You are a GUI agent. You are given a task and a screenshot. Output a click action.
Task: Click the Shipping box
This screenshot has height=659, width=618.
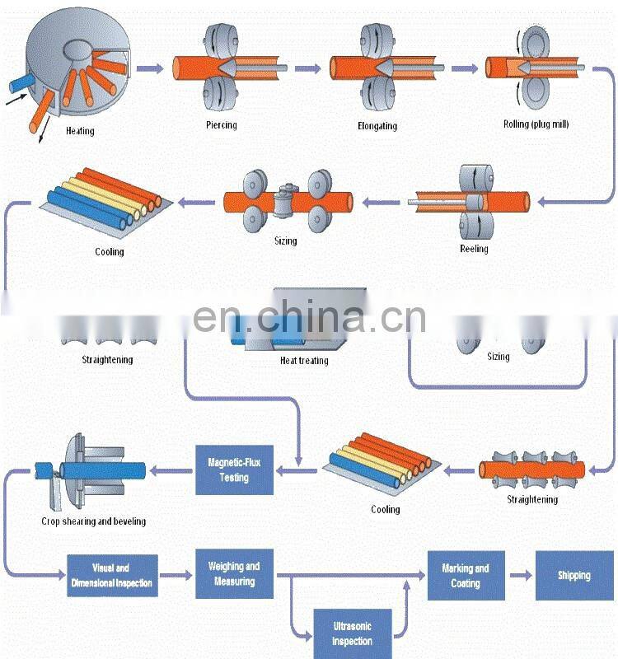point(574,575)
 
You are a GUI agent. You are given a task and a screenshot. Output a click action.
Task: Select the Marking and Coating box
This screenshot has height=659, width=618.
point(465,575)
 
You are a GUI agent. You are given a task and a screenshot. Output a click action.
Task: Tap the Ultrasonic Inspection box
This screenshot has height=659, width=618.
point(352,634)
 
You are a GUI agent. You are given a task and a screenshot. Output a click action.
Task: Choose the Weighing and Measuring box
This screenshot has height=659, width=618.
point(234,574)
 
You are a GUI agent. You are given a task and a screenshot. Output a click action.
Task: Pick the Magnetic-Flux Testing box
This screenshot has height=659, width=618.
point(234,470)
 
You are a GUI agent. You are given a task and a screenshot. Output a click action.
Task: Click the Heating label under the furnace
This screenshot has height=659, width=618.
point(80,131)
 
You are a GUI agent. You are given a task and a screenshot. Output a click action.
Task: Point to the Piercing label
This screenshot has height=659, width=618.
point(221,125)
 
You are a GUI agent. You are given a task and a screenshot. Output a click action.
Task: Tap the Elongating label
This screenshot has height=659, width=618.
point(377,126)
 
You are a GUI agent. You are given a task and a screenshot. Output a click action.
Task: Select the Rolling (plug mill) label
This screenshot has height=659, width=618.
point(536,124)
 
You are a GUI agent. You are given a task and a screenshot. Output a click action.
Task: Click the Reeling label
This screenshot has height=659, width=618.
point(474,249)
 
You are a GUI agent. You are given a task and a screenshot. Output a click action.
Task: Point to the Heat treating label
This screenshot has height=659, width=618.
point(303,361)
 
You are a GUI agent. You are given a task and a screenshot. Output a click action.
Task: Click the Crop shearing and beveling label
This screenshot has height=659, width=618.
point(93,521)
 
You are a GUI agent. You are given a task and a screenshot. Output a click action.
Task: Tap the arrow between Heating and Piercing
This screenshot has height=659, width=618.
point(150,68)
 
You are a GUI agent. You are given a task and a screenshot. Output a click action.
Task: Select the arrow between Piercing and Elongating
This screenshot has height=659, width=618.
point(307,68)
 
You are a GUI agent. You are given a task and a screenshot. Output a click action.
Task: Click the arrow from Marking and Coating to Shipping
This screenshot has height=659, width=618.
point(521,574)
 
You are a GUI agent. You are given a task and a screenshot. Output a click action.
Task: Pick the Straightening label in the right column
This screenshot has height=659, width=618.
point(531,499)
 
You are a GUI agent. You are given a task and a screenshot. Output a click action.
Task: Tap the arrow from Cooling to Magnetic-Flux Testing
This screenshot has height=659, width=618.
point(297,470)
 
